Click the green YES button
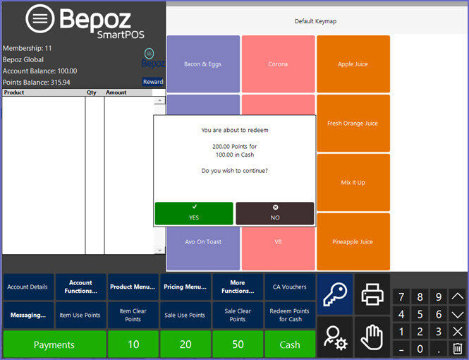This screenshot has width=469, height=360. coord(194,213)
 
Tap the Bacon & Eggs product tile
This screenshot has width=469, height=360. coord(203,64)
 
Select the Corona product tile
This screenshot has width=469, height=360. coord(278,64)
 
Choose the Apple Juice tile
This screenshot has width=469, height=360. coord(353,64)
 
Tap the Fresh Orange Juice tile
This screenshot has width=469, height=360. coord(353,123)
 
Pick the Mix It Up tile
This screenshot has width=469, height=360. coord(353,182)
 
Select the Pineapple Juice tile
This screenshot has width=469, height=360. coord(353,241)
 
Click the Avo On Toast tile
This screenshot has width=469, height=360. coord(203,248)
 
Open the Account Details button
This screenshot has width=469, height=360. coord(28,287)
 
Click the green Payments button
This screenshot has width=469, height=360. coord(54,344)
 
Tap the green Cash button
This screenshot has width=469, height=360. coord(290,344)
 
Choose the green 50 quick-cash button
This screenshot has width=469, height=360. coord(238,344)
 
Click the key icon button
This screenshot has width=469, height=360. coord(335,294)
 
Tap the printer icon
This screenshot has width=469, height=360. coord(372,294)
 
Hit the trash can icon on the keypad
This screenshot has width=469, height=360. coord(457,349)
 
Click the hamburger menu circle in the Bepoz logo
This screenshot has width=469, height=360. coord(40,18)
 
